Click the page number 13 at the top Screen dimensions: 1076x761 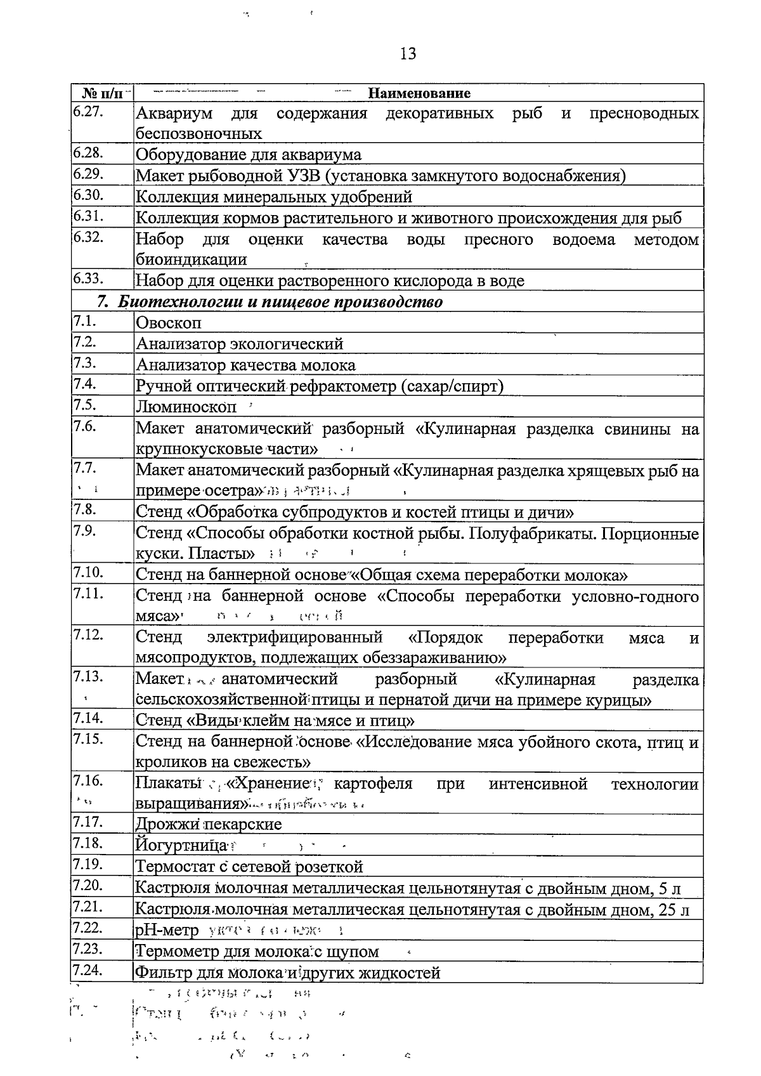(x=408, y=54)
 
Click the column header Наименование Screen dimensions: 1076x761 (x=419, y=94)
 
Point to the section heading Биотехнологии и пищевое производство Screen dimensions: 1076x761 (x=280, y=301)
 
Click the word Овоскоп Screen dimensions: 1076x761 (x=169, y=323)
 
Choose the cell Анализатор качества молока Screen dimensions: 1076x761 (x=246, y=365)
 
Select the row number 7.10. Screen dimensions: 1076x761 (x=88, y=573)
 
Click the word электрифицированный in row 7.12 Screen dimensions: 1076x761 (x=294, y=637)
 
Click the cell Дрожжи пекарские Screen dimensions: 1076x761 (x=209, y=824)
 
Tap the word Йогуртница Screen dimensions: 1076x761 (x=181, y=846)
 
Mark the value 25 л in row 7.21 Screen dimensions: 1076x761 (x=673, y=910)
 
